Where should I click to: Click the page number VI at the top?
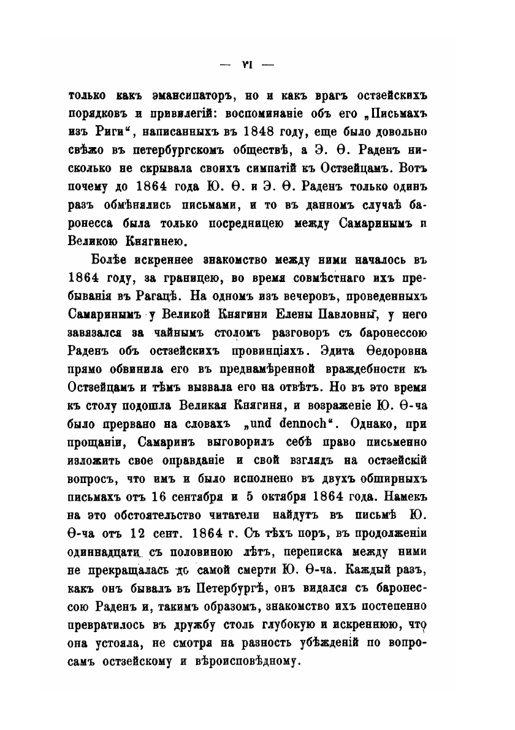coord(248,64)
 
